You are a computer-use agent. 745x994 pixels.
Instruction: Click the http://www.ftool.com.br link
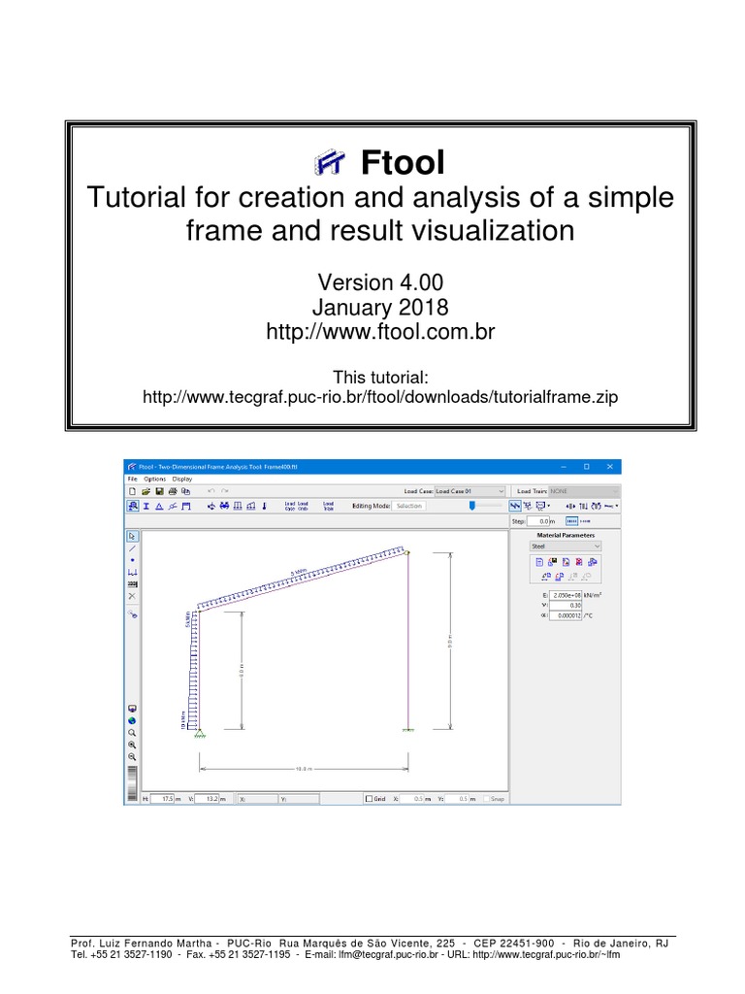380,333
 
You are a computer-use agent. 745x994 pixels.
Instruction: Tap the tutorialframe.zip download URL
380,397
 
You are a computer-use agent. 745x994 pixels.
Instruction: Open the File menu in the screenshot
132,479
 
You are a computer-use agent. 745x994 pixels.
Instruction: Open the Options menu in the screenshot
154,479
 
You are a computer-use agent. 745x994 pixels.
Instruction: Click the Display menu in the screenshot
182,479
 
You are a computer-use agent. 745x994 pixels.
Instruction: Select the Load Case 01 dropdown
470,491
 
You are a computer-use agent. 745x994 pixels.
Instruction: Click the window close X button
609,467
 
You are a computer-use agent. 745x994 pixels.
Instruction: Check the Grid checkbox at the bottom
369,799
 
